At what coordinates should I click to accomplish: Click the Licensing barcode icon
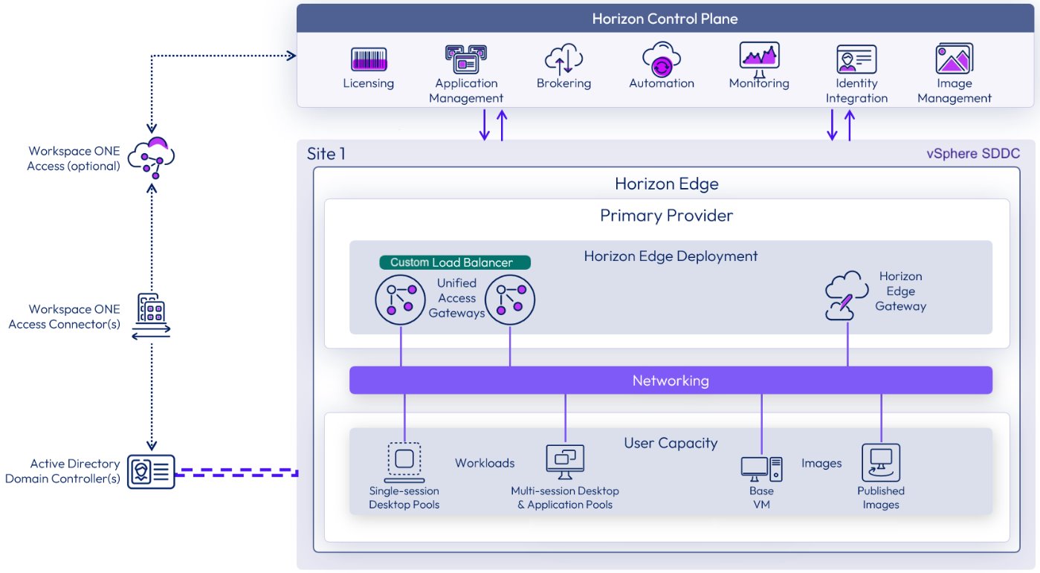click(369, 59)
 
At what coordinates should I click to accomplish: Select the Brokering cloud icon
click(563, 59)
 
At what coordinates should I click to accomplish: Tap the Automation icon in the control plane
click(662, 59)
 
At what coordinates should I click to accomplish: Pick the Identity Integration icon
click(856, 59)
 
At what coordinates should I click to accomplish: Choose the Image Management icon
click(955, 59)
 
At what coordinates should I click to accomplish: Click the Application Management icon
click(465, 59)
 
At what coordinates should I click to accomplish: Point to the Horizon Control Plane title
click(665, 19)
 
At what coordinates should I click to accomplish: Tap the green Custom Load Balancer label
click(455, 262)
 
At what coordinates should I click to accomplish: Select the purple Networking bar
click(671, 381)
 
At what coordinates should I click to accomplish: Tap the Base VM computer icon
click(761, 467)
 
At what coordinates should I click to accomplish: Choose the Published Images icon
click(881, 462)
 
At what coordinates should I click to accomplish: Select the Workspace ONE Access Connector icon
click(151, 316)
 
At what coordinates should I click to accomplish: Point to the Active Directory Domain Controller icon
click(151, 471)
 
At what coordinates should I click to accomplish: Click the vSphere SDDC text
click(972, 154)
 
